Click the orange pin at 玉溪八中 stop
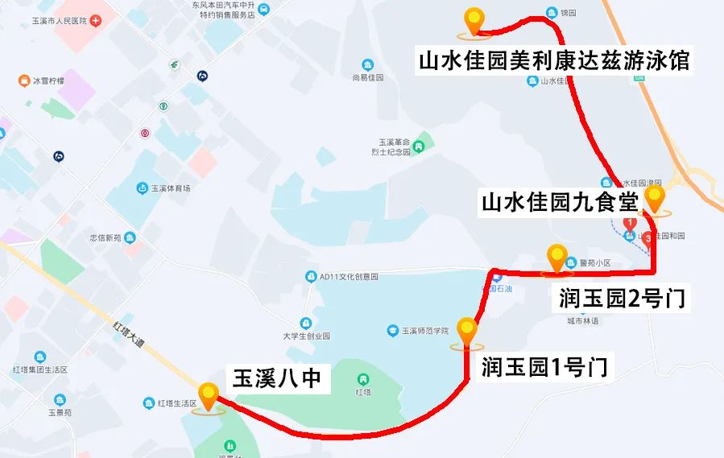click(210, 395)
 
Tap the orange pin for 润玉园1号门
click(466, 331)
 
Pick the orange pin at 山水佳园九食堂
click(656, 198)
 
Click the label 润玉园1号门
click(544, 369)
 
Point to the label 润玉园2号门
click(622, 299)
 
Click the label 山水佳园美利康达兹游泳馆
click(554, 61)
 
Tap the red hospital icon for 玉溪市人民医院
click(96, 19)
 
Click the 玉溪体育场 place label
click(170, 188)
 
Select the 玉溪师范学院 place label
click(424, 330)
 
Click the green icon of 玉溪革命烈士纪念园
click(420, 148)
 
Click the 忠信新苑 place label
click(105, 238)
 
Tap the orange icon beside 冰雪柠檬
click(23, 80)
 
